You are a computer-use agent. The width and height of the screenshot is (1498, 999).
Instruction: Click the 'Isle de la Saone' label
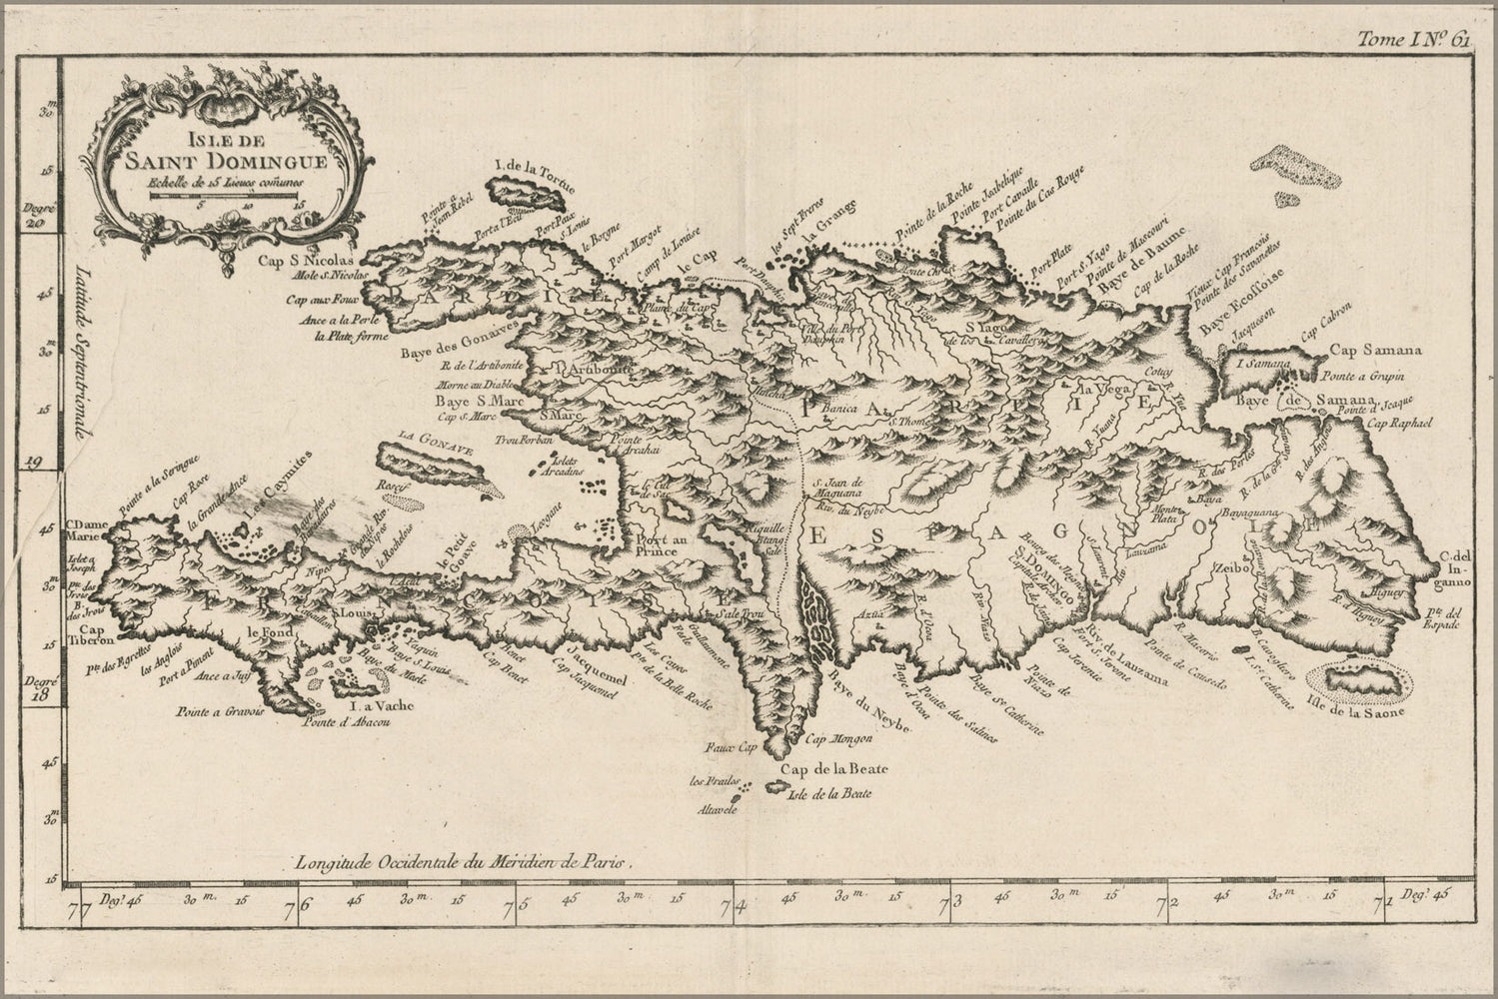click(x=1355, y=712)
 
